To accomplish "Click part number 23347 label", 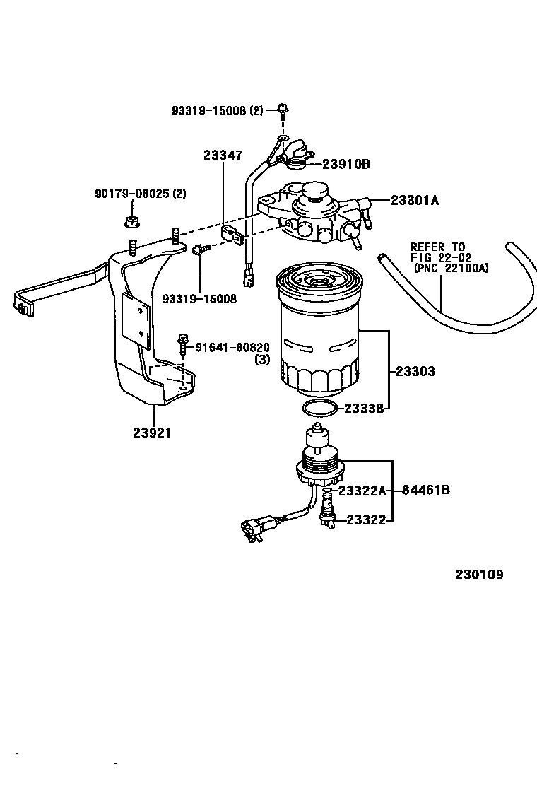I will [x=223, y=156].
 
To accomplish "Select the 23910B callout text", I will [x=346, y=164].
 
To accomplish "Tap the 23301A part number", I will [x=415, y=200].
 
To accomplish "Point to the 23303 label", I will [x=415, y=371].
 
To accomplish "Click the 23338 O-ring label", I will [x=364, y=409].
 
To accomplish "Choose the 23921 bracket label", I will [x=152, y=433].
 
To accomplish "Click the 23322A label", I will [x=362, y=491].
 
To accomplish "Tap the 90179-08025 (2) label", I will [x=141, y=193].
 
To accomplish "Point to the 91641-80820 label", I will [x=232, y=347].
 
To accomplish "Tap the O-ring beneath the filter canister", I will [x=319, y=408].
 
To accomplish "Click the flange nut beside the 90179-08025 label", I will [x=131, y=222].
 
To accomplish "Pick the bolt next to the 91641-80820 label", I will [x=183, y=345].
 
